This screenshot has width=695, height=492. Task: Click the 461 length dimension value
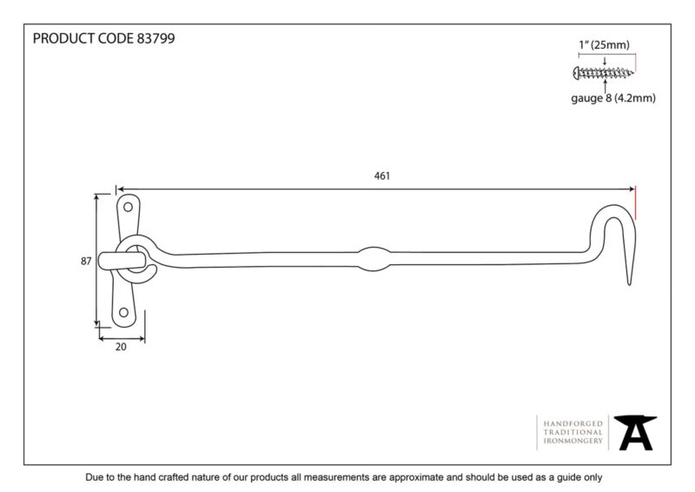(381, 176)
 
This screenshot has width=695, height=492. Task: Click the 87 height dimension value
(86, 262)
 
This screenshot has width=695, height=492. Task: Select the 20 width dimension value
(121, 347)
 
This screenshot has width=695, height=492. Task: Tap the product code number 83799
(156, 38)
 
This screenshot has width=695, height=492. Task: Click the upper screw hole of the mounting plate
(128, 207)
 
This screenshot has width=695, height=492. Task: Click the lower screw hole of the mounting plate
(123, 312)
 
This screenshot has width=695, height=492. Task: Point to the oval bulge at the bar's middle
(374, 259)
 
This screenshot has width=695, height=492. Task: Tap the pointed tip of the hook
(629, 283)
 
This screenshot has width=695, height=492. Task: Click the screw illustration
(603, 73)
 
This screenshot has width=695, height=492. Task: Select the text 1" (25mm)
(604, 45)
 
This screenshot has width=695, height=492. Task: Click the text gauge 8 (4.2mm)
(613, 98)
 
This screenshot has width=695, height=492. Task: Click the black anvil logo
(635, 433)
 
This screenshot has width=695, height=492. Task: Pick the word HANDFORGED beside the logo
(573, 423)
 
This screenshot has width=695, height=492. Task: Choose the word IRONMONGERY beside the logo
(573, 441)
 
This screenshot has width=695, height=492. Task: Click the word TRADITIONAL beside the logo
(573, 432)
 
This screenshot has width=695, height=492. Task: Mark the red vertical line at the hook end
(635, 203)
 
